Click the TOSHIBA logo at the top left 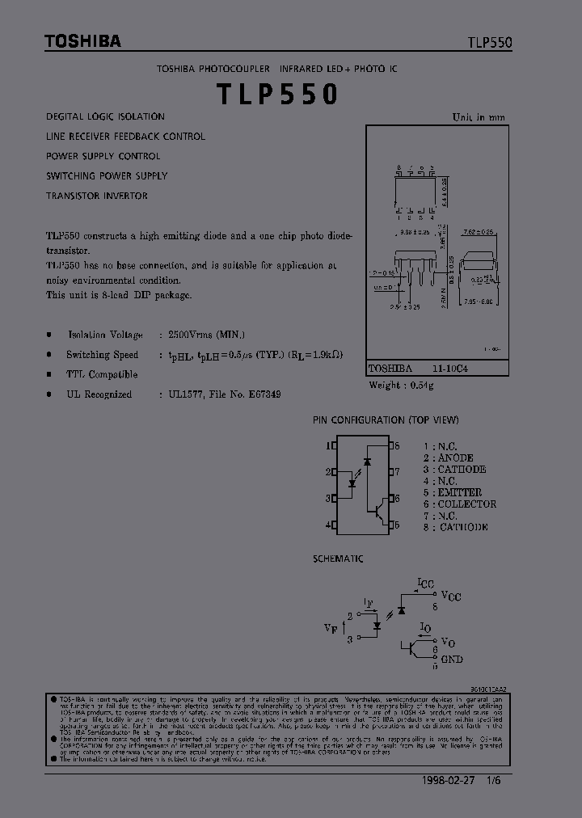(x=82, y=41)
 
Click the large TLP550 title (x=276, y=94)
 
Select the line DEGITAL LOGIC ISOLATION (x=105, y=117)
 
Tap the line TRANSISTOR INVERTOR (x=97, y=196)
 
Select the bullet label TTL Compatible (x=102, y=374)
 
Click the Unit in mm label (x=479, y=117)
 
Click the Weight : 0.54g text (x=402, y=386)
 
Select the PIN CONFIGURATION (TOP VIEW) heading (x=386, y=420)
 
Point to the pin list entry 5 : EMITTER (x=452, y=492)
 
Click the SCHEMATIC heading (x=338, y=559)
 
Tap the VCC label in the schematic (x=451, y=597)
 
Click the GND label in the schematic (x=452, y=659)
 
